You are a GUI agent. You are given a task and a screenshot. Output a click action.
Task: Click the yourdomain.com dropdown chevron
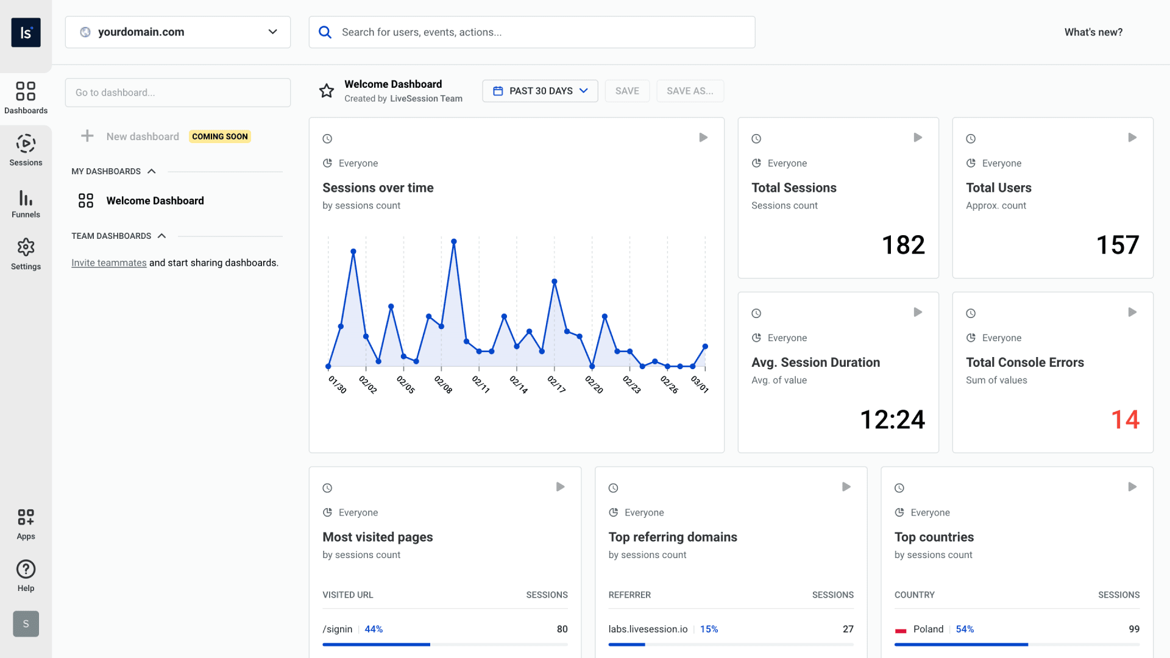click(x=272, y=32)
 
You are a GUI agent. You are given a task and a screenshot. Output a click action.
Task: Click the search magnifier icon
click(x=325, y=32)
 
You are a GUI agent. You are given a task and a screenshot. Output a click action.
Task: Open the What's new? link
click(x=1093, y=32)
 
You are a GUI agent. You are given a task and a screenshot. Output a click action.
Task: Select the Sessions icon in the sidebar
click(x=26, y=144)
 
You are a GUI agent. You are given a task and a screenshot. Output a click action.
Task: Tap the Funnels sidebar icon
click(x=26, y=198)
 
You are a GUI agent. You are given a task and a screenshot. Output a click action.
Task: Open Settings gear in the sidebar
click(x=26, y=247)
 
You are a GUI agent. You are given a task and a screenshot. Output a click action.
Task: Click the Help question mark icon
click(x=26, y=569)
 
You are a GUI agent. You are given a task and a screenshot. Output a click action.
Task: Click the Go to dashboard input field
click(x=177, y=93)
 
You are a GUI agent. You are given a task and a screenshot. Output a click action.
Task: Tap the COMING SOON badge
click(x=220, y=136)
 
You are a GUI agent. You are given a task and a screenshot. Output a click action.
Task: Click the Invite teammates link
click(x=108, y=263)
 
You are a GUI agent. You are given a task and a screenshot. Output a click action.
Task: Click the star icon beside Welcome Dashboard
click(x=327, y=91)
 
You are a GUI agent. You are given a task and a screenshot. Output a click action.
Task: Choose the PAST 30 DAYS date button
click(x=540, y=91)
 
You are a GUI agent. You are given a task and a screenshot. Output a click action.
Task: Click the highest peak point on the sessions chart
click(x=454, y=242)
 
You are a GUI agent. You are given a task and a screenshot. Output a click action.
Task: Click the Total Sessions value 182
click(x=903, y=245)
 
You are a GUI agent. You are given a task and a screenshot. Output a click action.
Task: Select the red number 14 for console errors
click(x=1125, y=419)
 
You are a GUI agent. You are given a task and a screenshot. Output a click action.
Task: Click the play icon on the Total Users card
click(x=1132, y=138)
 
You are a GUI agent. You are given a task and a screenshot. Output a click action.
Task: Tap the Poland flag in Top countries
click(x=901, y=629)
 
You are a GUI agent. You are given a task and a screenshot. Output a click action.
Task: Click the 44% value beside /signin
click(x=374, y=629)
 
